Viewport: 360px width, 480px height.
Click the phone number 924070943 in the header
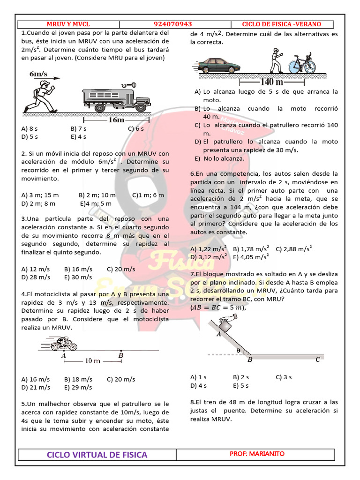[172, 24]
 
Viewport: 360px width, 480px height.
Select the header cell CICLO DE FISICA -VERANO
[281, 24]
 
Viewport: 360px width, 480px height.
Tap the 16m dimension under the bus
[116, 120]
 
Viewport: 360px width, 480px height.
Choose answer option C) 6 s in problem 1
[135, 128]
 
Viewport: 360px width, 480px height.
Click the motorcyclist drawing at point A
[63, 345]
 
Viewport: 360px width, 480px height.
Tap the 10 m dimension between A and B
[92, 361]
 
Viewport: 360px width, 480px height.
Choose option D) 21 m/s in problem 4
[36, 387]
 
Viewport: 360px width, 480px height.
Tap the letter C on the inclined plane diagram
[317, 360]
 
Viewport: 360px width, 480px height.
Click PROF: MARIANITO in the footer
[257, 454]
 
